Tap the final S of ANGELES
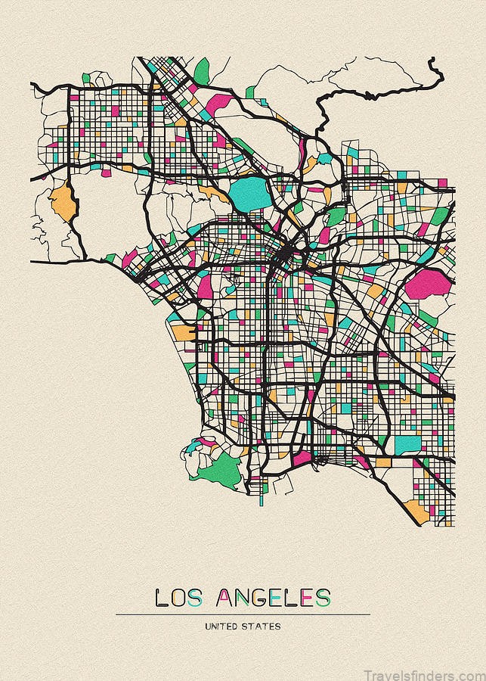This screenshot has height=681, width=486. (x=323, y=598)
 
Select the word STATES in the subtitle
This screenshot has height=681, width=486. (x=262, y=627)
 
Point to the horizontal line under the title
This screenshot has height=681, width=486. (x=243, y=614)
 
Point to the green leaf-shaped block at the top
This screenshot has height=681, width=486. (x=202, y=71)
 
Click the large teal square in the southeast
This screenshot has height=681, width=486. (x=407, y=444)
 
